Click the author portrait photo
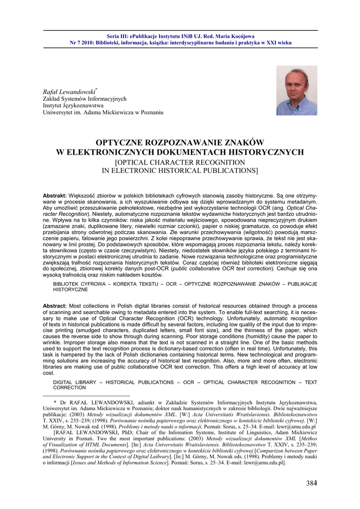[296, 90]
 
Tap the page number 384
[312, 483]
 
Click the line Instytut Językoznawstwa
[73, 106]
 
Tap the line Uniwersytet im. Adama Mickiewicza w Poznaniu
[103, 113]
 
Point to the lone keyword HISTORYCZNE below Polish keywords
[70, 289]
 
